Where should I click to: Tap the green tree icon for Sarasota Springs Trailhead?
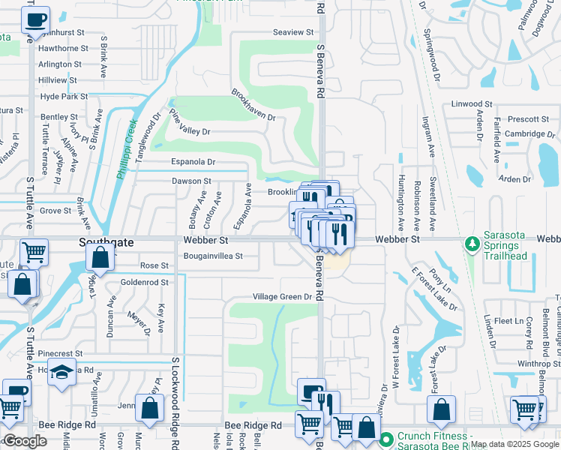click(472, 244)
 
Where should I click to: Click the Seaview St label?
click(293, 32)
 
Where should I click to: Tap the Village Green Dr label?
click(281, 297)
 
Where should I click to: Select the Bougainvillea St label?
click(213, 256)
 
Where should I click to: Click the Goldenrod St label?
click(145, 282)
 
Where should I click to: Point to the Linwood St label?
click(471, 104)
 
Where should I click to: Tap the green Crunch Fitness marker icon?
click(386, 439)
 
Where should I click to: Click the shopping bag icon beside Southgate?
click(100, 259)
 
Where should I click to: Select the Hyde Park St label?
click(64, 97)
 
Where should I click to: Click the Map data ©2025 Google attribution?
click(514, 444)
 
